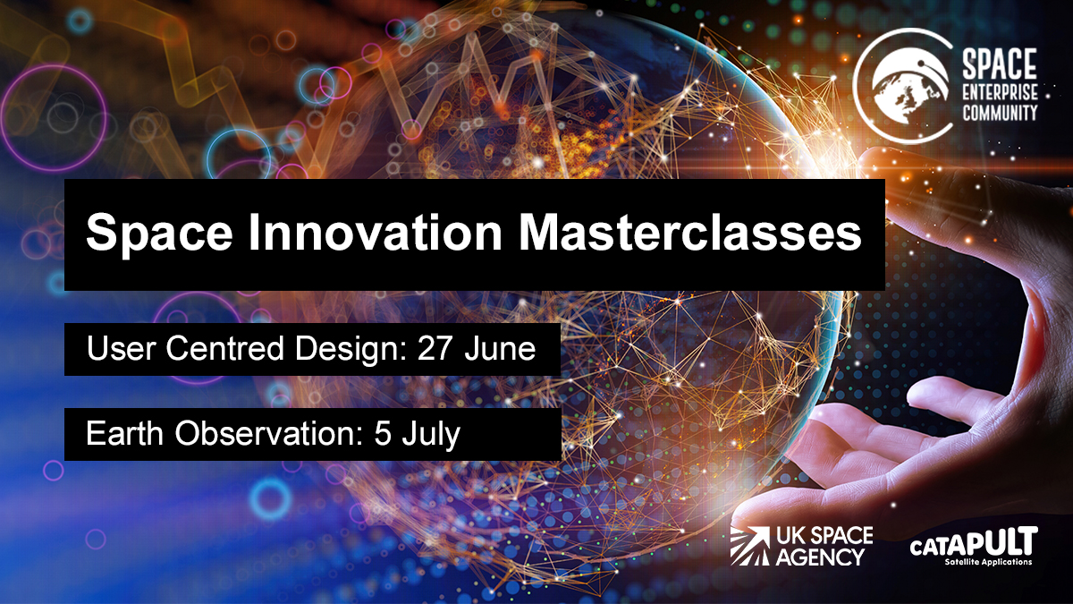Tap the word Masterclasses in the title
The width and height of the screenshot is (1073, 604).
tap(691, 234)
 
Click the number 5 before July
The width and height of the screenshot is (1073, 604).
tap(379, 434)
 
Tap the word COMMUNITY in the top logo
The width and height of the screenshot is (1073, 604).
tap(999, 113)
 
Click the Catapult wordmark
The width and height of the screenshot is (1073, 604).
tap(972, 543)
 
